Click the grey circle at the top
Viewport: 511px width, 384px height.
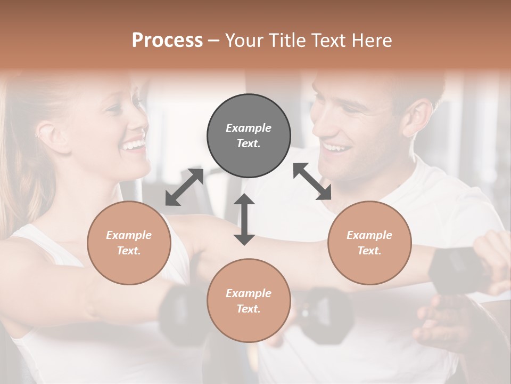249,136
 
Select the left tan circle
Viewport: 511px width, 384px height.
129,243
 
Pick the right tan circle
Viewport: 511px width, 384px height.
369,243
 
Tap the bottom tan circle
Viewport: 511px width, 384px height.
249,301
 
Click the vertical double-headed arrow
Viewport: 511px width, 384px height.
244,219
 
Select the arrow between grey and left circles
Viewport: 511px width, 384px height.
184,187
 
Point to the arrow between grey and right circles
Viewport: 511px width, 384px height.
312,181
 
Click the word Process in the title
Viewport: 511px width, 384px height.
167,41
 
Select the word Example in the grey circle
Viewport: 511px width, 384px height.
249,128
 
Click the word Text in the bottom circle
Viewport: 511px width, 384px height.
248,309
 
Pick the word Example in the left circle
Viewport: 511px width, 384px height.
129,235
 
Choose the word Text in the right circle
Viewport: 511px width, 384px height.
369,251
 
